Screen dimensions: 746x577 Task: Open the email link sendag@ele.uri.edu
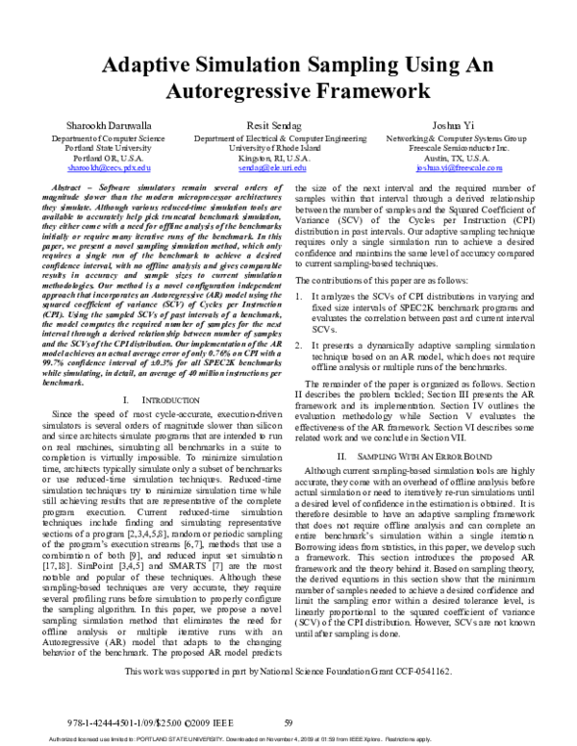pyautogui.click(x=288, y=167)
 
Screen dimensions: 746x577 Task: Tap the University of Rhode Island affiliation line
pyautogui.click(x=288, y=148)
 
